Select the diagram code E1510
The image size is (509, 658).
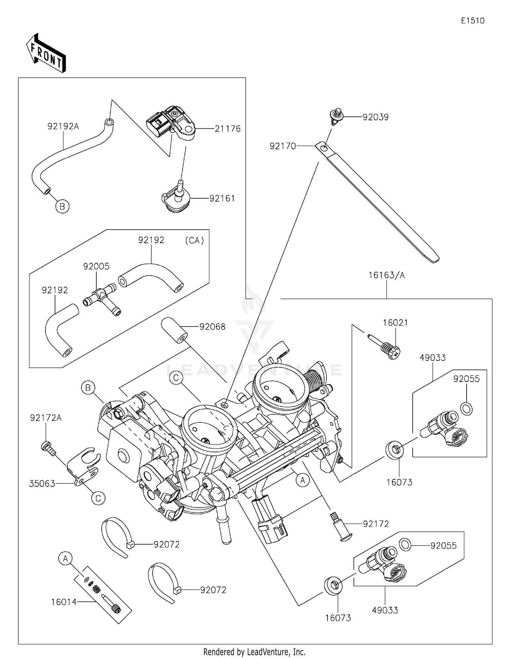coord(472,21)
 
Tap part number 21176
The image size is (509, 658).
coord(227,129)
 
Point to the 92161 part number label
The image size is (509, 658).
coord(222,199)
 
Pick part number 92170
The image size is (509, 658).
coord(283,146)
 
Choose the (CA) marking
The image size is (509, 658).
coord(194,240)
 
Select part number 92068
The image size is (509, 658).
coord(212,327)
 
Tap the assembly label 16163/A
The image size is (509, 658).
coord(387,275)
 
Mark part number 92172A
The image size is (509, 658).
coord(46,418)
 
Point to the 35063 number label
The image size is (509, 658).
coord(42,484)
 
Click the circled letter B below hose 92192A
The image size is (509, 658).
coord(62,206)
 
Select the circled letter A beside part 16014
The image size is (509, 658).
coord(65,559)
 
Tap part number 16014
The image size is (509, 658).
coord(64,602)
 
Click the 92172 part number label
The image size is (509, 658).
coord(376,524)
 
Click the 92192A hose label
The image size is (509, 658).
coord(63,126)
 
